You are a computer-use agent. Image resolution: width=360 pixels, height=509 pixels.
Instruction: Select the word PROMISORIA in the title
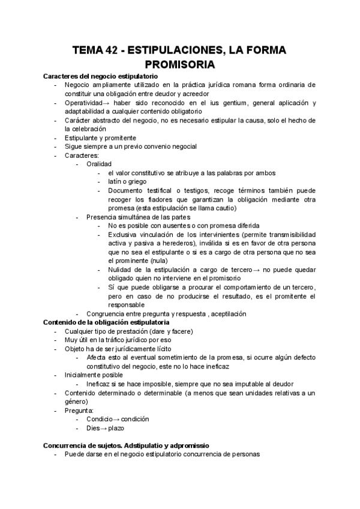[x=180, y=64]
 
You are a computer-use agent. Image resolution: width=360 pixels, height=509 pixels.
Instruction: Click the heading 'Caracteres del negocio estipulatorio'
[x=100, y=77]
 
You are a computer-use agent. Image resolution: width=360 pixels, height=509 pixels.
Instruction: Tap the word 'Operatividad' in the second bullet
[x=85, y=103]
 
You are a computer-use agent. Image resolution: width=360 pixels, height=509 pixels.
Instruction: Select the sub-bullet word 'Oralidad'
[x=99, y=164]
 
